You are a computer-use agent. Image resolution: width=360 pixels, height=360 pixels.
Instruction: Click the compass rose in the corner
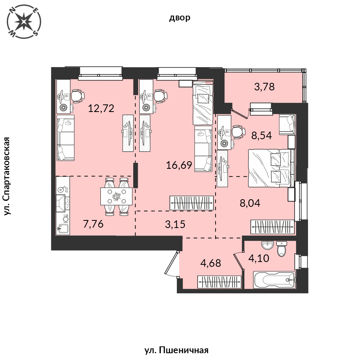click(x=24, y=22)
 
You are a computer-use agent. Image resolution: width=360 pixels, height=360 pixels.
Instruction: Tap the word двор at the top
click(x=180, y=18)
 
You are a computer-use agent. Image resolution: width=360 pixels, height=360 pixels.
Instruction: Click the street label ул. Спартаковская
click(x=7, y=176)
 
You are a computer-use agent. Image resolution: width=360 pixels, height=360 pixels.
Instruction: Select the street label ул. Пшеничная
click(x=176, y=350)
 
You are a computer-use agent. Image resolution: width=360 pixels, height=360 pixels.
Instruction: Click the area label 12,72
click(x=101, y=108)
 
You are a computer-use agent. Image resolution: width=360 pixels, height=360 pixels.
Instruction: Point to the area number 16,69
click(x=179, y=165)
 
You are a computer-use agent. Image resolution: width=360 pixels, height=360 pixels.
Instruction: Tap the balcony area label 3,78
click(x=264, y=87)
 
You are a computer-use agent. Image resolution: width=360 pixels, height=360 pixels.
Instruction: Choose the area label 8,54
click(x=262, y=136)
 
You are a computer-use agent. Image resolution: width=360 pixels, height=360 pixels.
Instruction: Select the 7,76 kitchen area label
click(x=93, y=224)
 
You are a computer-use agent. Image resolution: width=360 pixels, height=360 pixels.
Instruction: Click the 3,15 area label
click(x=175, y=224)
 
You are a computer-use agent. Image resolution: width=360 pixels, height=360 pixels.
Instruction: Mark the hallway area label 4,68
click(x=210, y=263)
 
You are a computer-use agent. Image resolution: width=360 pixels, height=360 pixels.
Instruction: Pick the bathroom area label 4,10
click(x=259, y=258)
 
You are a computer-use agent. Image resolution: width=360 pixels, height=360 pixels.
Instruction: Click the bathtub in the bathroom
click(x=274, y=280)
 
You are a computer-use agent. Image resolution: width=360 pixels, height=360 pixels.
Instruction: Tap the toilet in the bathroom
click(x=282, y=249)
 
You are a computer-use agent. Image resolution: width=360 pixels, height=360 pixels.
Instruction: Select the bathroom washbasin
click(x=268, y=245)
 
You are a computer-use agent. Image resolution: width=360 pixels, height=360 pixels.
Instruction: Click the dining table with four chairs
click(x=116, y=196)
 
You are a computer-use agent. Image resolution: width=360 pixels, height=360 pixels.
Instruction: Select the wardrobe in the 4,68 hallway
click(x=220, y=282)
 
